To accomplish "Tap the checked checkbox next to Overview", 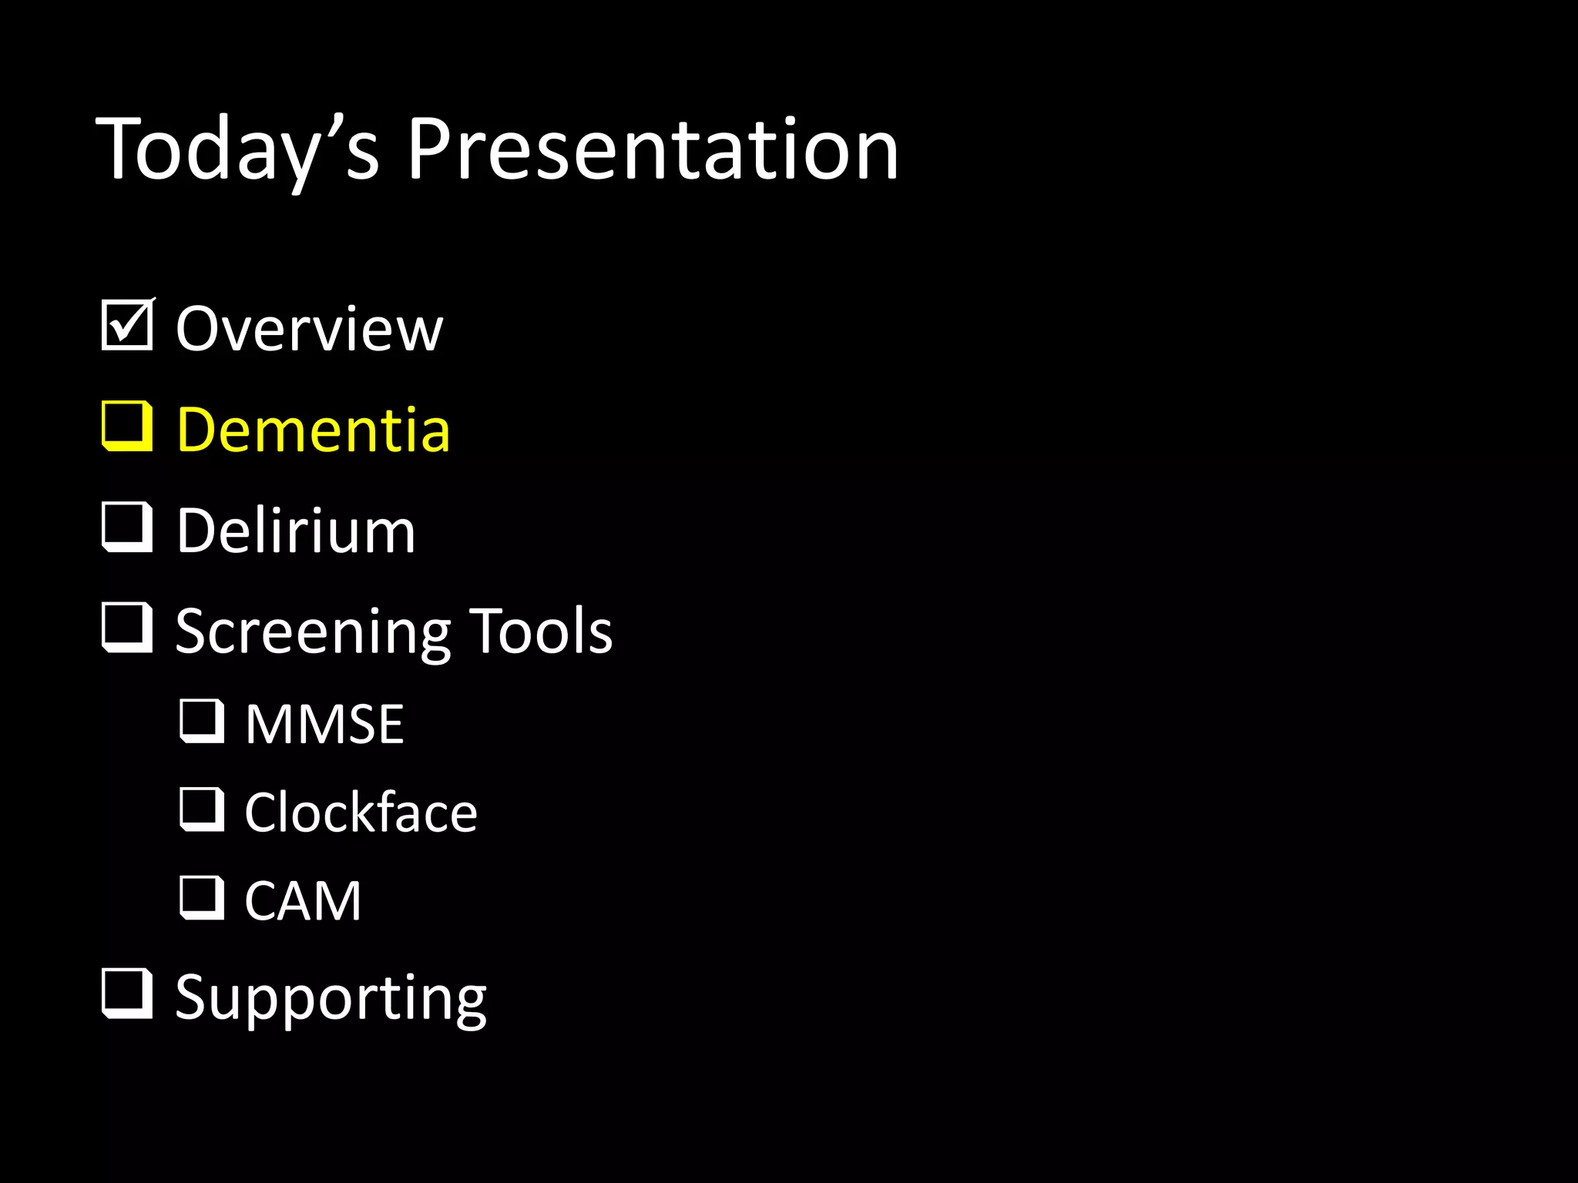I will click(x=126, y=327).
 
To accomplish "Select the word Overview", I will click(x=310, y=330).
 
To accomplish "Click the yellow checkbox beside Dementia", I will click(x=126, y=426).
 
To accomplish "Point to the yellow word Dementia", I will click(x=313, y=430).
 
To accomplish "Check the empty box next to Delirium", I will click(x=126, y=527).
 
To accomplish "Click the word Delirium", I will click(x=296, y=531).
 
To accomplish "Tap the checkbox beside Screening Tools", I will click(x=126, y=628).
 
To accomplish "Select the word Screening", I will click(x=313, y=632).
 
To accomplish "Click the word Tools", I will click(x=541, y=632).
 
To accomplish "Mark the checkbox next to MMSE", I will click(x=202, y=721).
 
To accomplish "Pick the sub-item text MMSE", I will click(x=324, y=725).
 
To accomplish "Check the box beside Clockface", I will click(x=202, y=809).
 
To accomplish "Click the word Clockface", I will click(x=361, y=813).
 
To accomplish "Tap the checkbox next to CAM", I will click(x=202, y=897).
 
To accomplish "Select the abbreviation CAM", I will click(x=303, y=901).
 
